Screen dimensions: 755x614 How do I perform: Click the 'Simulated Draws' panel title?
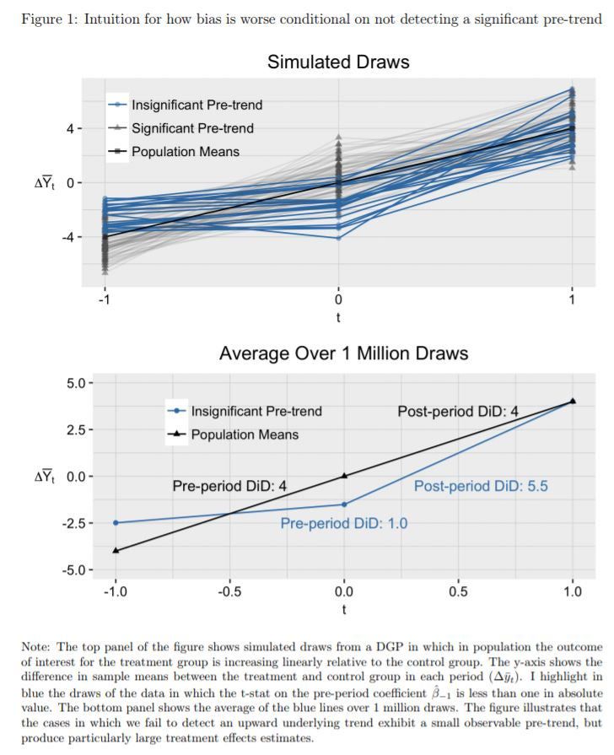coord(337,62)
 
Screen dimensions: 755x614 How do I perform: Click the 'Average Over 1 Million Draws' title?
coord(343,353)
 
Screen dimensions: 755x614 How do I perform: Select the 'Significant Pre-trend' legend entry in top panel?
coord(192,128)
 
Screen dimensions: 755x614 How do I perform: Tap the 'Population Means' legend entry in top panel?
coord(185,152)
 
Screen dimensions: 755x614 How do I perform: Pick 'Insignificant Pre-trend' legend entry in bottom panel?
coord(256,412)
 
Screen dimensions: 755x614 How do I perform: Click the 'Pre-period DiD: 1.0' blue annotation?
coord(343,524)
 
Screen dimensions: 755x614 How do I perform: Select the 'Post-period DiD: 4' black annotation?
coord(458,412)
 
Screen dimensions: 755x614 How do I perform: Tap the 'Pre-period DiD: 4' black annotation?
coord(229,486)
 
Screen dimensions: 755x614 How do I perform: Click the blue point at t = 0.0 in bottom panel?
coord(344,504)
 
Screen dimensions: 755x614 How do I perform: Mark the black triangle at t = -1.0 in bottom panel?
coord(116,550)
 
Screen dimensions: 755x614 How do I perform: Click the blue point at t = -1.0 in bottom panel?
coord(116,523)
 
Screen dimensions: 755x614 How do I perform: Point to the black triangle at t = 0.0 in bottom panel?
coord(344,476)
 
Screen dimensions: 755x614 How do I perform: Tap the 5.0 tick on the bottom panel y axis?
coord(75,383)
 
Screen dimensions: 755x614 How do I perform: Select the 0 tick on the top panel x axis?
coord(338,300)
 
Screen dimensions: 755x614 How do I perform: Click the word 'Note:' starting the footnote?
coord(38,647)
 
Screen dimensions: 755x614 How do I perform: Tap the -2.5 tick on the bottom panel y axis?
coord(73,523)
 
